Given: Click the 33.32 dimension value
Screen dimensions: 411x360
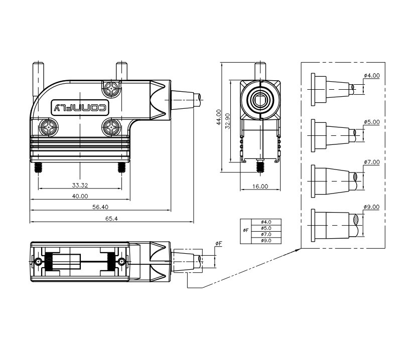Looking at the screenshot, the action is coord(80,186).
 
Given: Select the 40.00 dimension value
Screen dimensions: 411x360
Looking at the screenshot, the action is coord(80,196).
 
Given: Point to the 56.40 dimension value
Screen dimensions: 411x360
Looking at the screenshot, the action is coord(100,207).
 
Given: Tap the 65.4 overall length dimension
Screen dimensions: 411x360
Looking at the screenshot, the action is coord(111,218).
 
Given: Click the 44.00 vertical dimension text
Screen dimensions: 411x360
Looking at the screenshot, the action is coord(219,117).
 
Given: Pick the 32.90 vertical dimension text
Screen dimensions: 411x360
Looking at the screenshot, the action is coord(227,121).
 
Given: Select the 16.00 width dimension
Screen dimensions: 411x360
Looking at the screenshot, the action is coord(260,187).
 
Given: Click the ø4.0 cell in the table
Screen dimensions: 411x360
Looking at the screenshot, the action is coord(266,222).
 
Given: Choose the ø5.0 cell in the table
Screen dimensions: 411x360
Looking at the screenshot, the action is coord(266,228).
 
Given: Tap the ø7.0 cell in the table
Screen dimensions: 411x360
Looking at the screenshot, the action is coord(266,234).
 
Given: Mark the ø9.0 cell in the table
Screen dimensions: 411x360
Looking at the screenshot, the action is coord(266,241).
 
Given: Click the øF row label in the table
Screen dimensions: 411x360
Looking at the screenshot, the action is coord(245,231).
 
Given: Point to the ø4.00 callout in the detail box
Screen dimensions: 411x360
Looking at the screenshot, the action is coord(372,76).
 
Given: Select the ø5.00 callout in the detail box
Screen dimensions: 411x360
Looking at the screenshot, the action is coord(372,122).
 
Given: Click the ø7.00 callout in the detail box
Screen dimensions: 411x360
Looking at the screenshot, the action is coord(372,162).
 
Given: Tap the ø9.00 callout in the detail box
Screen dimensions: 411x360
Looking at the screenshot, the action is coord(372,207).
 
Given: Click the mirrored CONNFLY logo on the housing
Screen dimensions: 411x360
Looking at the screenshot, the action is coord(80,107).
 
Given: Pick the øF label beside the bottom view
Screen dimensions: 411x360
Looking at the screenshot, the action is coord(219,244).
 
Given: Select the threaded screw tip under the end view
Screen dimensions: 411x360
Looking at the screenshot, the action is coord(260,166).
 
